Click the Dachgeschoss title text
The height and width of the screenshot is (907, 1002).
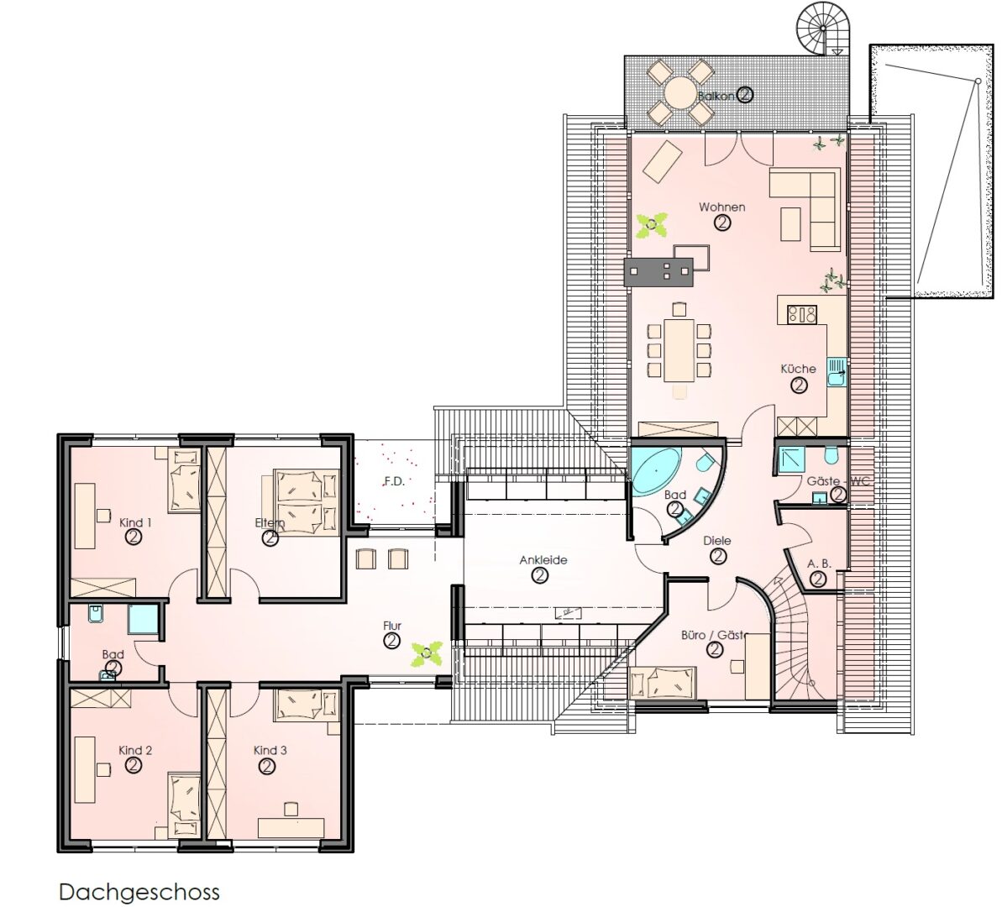point(139,892)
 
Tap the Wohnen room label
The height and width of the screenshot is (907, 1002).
point(722,207)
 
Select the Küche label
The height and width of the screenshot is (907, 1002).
point(798,369)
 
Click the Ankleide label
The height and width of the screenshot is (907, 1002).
point(543,560)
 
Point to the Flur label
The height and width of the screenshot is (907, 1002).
point(392,626)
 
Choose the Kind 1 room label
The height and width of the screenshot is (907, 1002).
point(135,523)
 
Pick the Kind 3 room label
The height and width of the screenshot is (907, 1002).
point(270,751)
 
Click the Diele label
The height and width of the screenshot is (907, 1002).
point(717,541)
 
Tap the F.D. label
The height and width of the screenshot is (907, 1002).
point(394,481)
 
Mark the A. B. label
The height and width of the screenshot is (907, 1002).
point(819,564)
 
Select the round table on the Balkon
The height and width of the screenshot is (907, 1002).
point(680,92)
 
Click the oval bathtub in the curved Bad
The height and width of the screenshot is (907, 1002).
point(656,471)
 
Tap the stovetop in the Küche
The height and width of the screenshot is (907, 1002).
point(802,314)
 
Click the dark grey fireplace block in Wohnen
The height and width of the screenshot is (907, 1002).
point(658,271)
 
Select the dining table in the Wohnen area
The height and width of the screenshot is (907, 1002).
point(679,350)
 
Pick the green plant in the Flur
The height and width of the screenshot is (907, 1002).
point(426,654)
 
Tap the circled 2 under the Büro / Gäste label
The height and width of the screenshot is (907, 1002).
point(715,650)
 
